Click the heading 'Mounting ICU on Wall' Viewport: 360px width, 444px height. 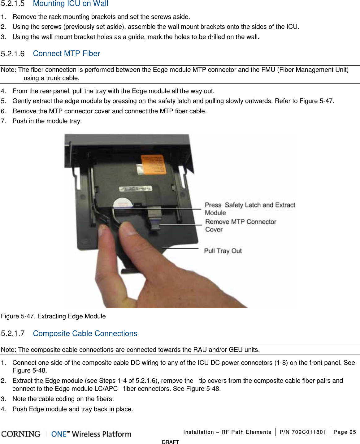pos(70,4)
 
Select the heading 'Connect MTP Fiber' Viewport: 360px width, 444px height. pos(66,54)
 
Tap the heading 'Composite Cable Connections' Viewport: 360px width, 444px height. pos(85,334)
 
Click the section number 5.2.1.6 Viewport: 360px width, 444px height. pos(13,54)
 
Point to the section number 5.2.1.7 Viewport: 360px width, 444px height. pos(13,334)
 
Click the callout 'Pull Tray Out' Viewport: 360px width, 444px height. pos(223,251)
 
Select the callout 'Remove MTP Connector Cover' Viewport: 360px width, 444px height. pos(240,226)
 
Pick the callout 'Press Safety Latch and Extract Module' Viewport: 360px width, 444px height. pos(249,209)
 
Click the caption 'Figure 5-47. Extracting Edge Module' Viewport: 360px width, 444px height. pos(53,316)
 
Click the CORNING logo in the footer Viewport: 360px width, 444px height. pos(21,434)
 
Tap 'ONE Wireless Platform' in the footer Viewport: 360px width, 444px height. pos(91,434)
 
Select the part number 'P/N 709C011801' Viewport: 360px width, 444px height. pos(302,432)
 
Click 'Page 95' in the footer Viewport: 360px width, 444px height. pos(345,432)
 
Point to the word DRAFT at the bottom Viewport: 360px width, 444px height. pos(170,442)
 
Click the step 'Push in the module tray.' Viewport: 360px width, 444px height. pos(47,121)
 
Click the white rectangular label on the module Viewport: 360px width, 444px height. pos(136,188)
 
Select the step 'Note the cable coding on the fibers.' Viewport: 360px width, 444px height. pos(63,399)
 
